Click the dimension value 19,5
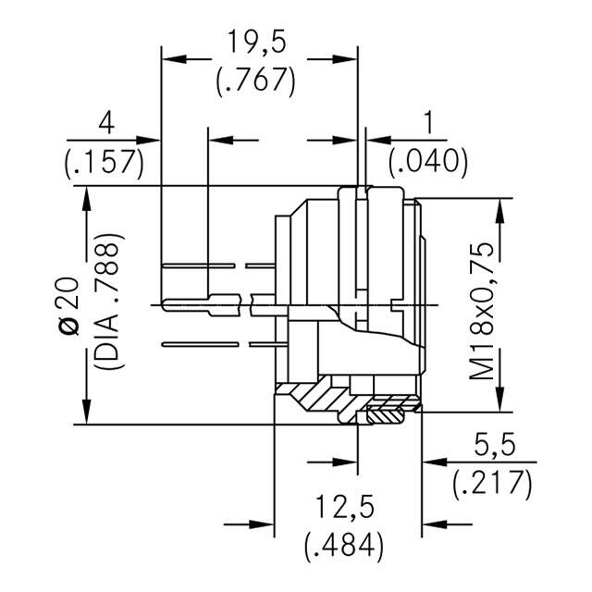pyautogui.click(x=255, y=43)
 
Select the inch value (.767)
pyautogui.click(x=255, y=80)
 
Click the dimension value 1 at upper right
pyautogui.click(x=427, y=123)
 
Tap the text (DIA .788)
pyautogui.click(x=107, y=302)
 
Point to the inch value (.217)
pyautogui.click(x=492, y=482)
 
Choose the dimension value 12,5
pyautogui.click(x=344, y=506)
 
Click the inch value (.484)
pyautogui.click(x=344, y=545)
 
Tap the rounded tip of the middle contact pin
pyautogui.click(x=166, y=302)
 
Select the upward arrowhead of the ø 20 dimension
pyautogui.click(x=87, y=198)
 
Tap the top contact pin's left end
pyautogui.click(x=164, y=267)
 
